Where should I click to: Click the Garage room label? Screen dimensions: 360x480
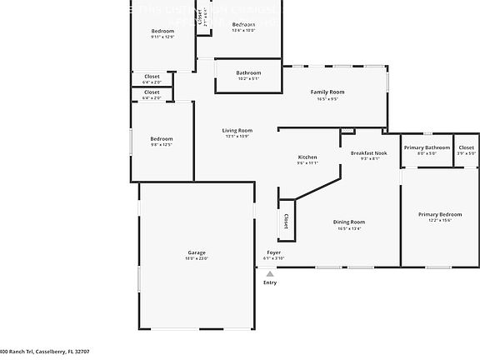click(197, 252)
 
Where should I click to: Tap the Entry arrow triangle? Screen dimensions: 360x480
click(269, 272)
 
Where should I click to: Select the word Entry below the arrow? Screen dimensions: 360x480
click(270, 282)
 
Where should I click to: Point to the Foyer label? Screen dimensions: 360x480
click(273, 252)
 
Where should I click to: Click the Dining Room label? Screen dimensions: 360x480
click(350, 222)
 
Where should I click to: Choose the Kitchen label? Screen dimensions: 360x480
click(307, 157)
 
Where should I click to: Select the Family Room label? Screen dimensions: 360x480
click(327, 92)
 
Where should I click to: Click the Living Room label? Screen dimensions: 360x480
click(237, 130)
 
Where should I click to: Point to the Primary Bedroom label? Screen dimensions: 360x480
click(439, 214)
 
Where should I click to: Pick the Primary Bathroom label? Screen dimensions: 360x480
click(427, 147)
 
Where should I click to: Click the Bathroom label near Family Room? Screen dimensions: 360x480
click(248, 72)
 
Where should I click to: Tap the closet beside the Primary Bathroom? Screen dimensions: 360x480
click(466, 147)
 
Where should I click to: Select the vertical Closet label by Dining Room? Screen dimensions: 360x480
click(286, 221)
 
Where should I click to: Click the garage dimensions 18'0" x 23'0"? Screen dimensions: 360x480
click(197, 259)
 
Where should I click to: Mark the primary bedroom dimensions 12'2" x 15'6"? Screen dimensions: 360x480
click(439, 221)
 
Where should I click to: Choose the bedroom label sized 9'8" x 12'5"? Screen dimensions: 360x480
click(162, 138)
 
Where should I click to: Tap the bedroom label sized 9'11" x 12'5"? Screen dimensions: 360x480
click(162, 31)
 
